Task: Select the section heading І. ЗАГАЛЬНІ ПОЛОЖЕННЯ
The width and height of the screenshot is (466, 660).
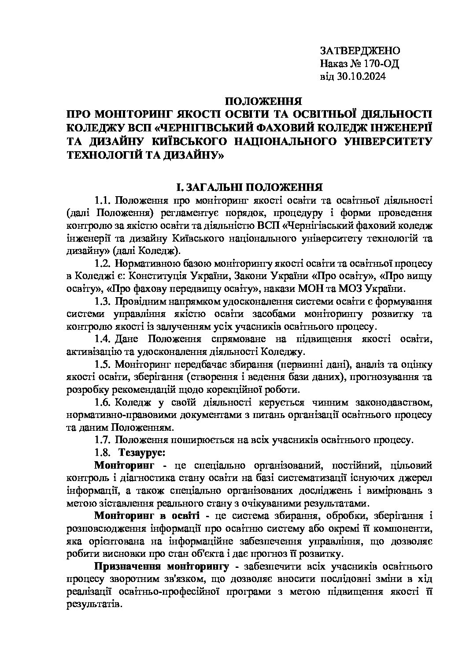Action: (248, 187)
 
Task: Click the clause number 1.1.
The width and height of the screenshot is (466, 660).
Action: (103, 201)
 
